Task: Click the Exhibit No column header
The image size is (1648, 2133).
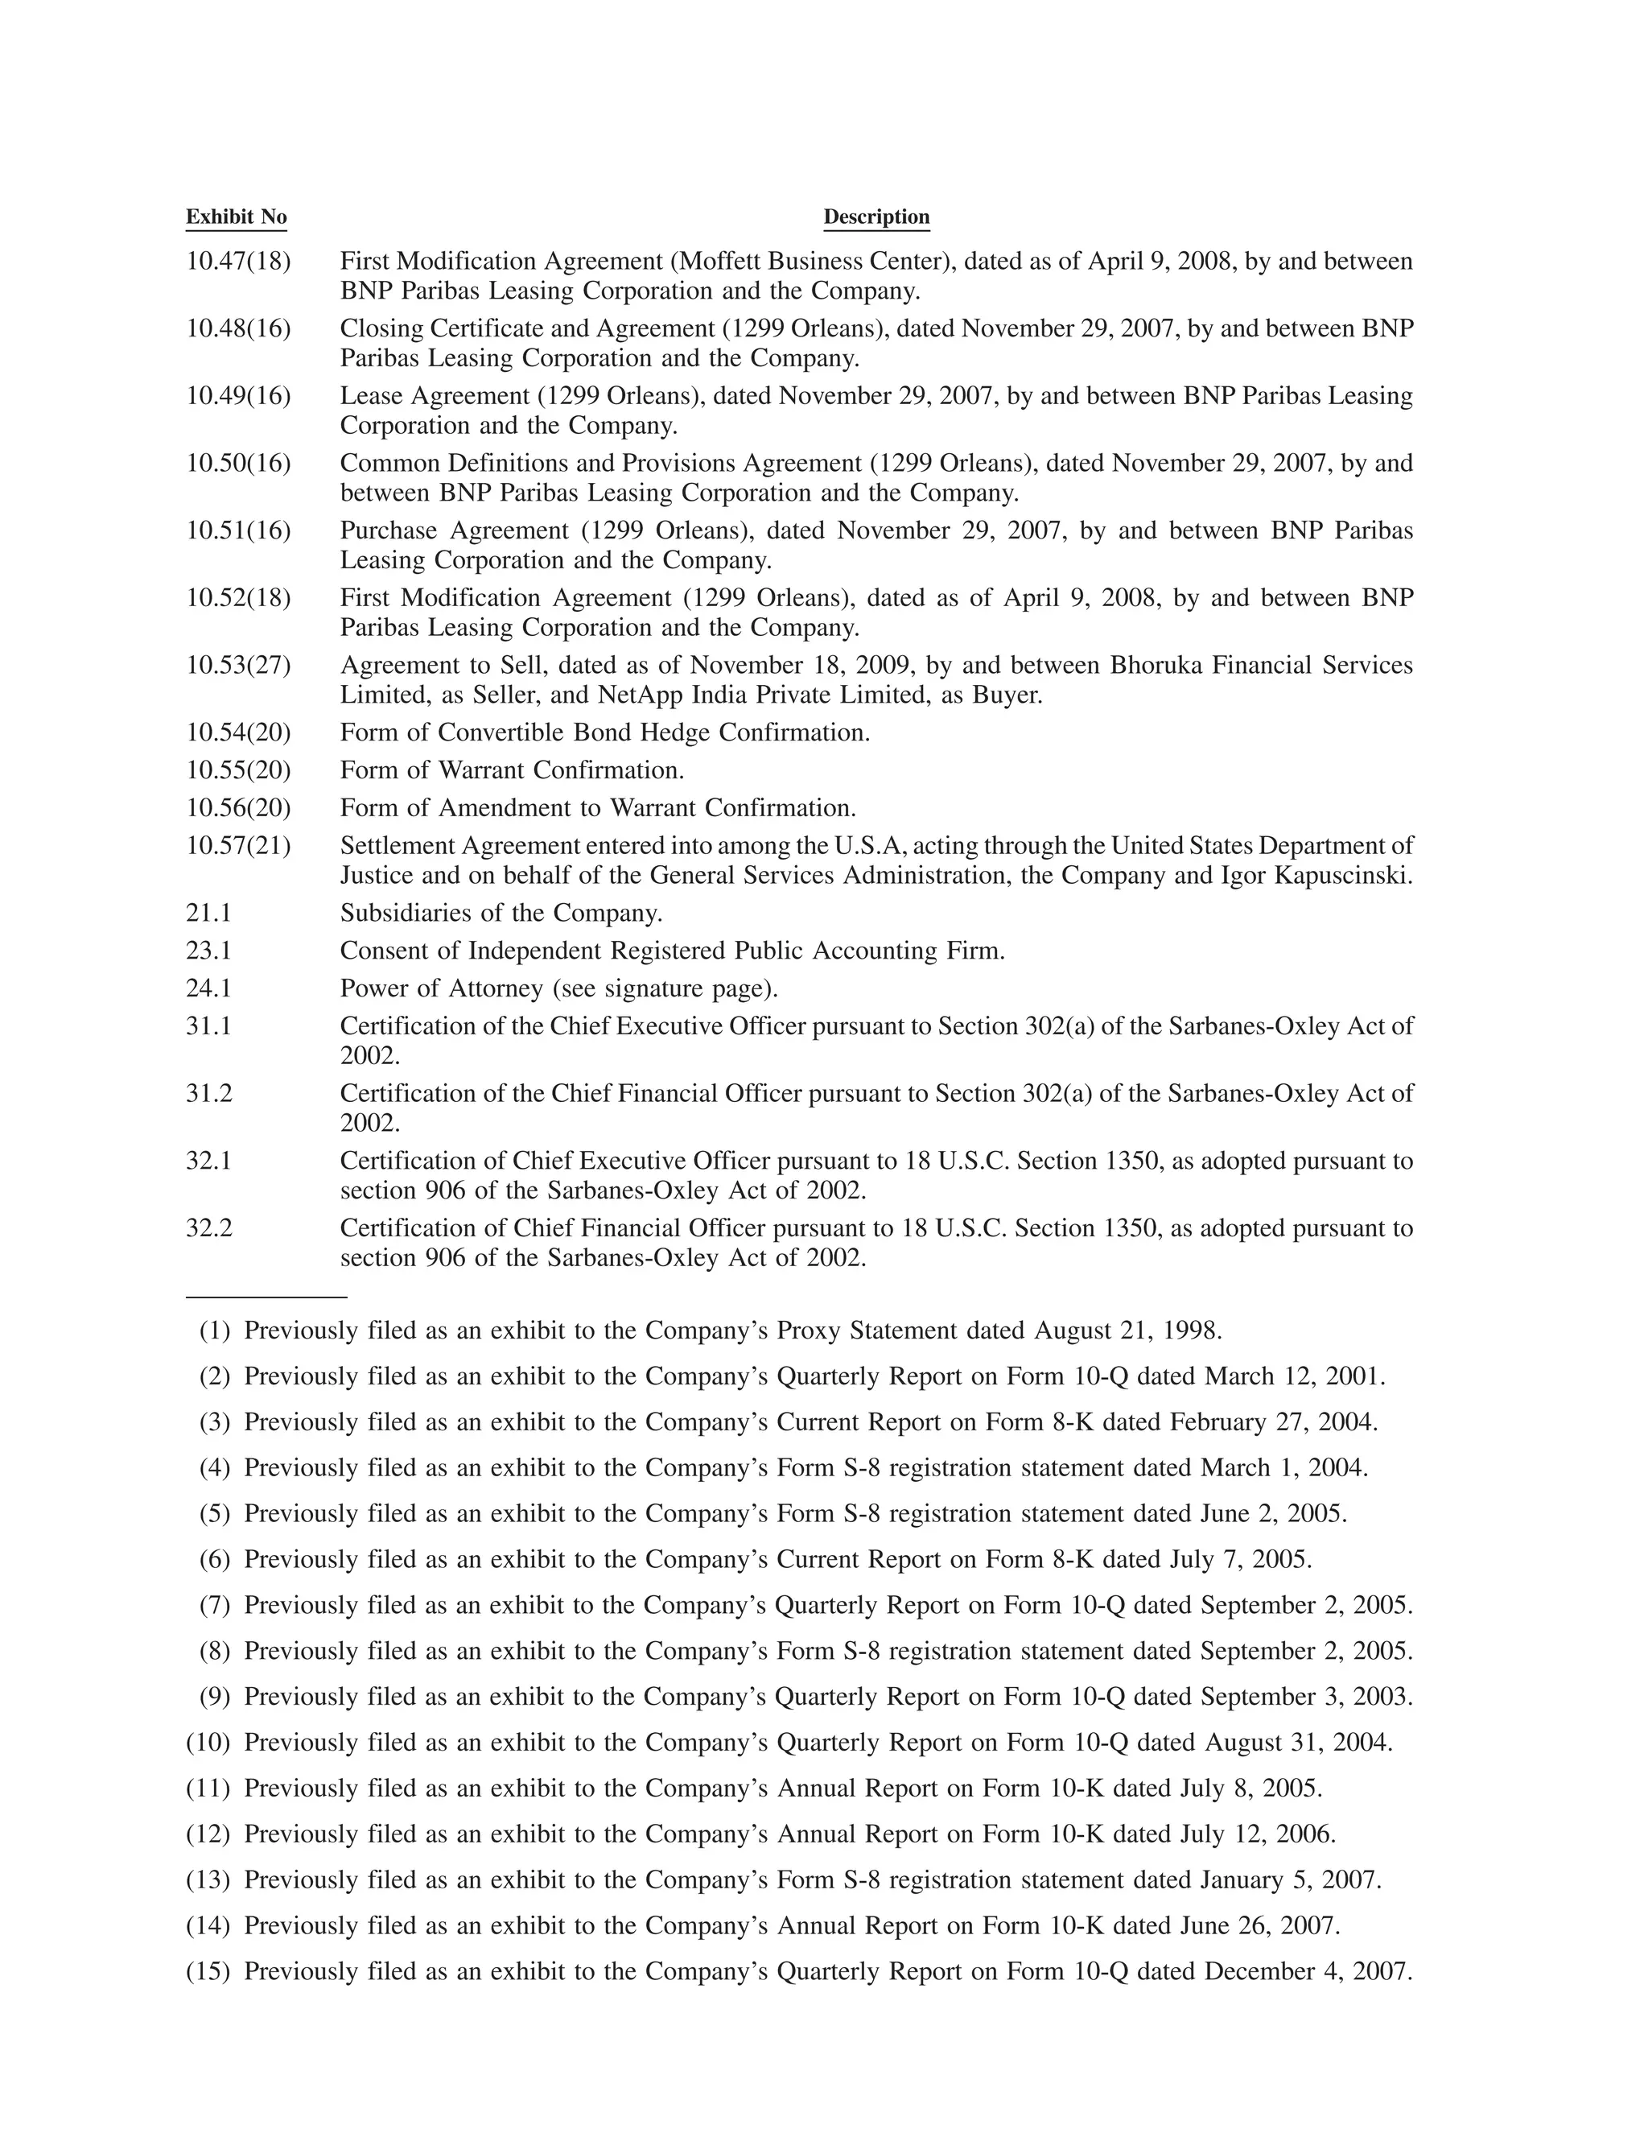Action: tap(237, 217)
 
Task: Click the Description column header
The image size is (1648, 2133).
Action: tap(875, 217)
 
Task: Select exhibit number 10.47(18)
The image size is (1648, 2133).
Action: tap(238, 262)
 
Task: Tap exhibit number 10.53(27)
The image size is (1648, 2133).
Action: tap(238, 665)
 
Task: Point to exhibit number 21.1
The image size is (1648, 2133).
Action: tap(209, 914)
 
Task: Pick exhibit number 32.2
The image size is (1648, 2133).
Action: tap(209, 1227)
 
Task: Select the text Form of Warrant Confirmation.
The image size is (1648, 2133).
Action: tap(512, 770)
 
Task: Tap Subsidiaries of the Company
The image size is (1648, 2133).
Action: tap(501, 914)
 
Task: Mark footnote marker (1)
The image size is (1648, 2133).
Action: tap(215, 1331)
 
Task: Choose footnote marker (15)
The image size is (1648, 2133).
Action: tap(208, 1972)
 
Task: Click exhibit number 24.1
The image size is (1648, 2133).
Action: tap(209, 988)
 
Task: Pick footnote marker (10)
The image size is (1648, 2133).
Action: tap(208, 1743)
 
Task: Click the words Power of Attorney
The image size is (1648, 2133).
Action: tap(441, 988)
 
